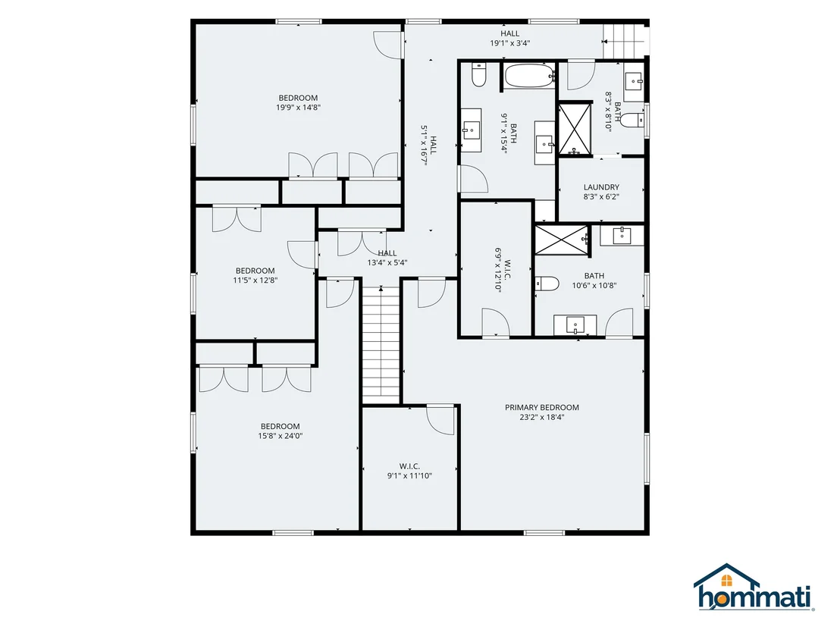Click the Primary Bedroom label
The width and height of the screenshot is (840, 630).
click(541, 408)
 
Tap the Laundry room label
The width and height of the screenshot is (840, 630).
click(601, 187)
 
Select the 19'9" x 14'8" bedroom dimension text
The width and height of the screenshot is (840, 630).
click(298, 107)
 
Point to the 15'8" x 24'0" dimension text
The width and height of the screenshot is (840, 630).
click(281, 436)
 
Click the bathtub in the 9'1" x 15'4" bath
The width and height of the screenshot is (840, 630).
click(529, 77)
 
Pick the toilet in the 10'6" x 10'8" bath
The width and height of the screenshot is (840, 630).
click(547, 284)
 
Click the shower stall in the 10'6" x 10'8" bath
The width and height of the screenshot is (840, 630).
click(562, 240)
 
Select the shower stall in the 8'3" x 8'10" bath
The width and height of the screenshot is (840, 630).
click(575, 129)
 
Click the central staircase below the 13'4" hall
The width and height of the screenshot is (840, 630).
click(381, 344)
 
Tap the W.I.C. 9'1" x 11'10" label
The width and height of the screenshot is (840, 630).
click(409, 471)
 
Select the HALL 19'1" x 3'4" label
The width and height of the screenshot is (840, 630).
click(510, 39)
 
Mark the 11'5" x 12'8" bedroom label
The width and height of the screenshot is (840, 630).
click(255, 275)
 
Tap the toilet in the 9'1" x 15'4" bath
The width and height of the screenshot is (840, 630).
click(478, 75)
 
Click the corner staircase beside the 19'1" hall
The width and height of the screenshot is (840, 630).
click(624, 41)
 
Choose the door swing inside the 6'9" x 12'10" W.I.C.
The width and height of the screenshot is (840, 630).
click(496, 322)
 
